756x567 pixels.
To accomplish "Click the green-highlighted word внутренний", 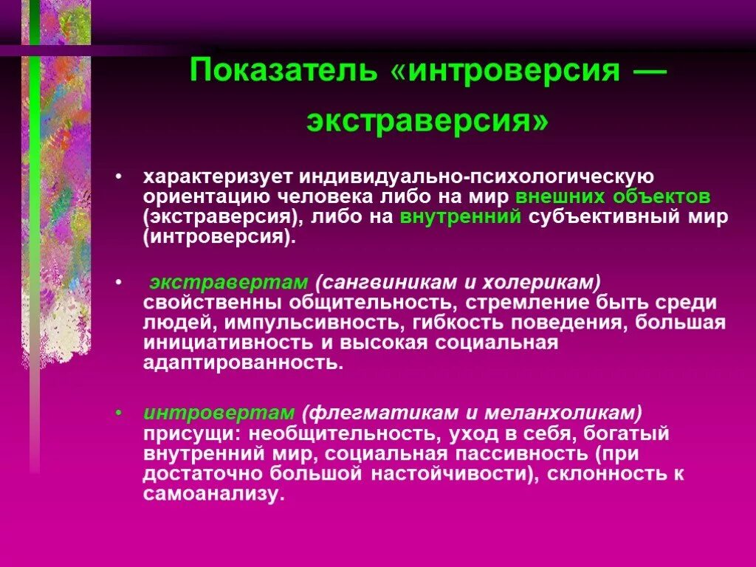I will point(461,217).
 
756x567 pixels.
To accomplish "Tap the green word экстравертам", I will point(228,283).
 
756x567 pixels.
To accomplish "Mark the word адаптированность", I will point(243,362).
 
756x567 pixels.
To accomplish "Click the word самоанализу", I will point(213,494).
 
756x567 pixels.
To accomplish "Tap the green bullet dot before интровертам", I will point(119,413).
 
